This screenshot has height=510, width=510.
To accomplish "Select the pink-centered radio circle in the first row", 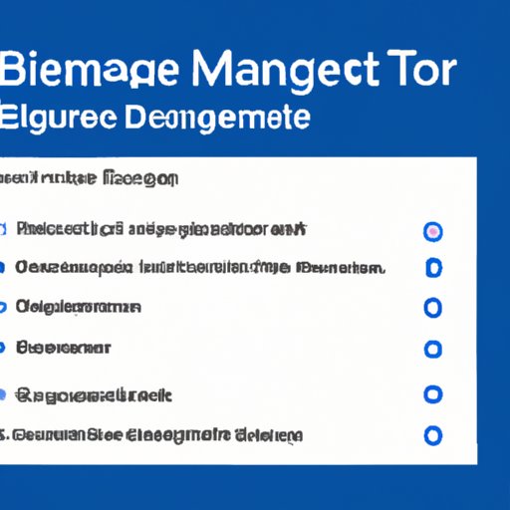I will point(432,231).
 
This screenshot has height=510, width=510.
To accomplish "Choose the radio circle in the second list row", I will point(432,268).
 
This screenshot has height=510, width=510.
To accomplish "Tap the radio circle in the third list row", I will point(432,308).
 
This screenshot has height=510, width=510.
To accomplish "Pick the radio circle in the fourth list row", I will point(432,350).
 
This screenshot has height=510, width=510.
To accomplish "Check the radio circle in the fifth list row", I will point(432,394).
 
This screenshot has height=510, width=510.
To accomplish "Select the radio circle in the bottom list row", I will point(432,435).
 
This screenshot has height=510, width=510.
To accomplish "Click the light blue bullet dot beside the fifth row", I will point(15,394).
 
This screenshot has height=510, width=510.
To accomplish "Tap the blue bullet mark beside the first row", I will point(13,231).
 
